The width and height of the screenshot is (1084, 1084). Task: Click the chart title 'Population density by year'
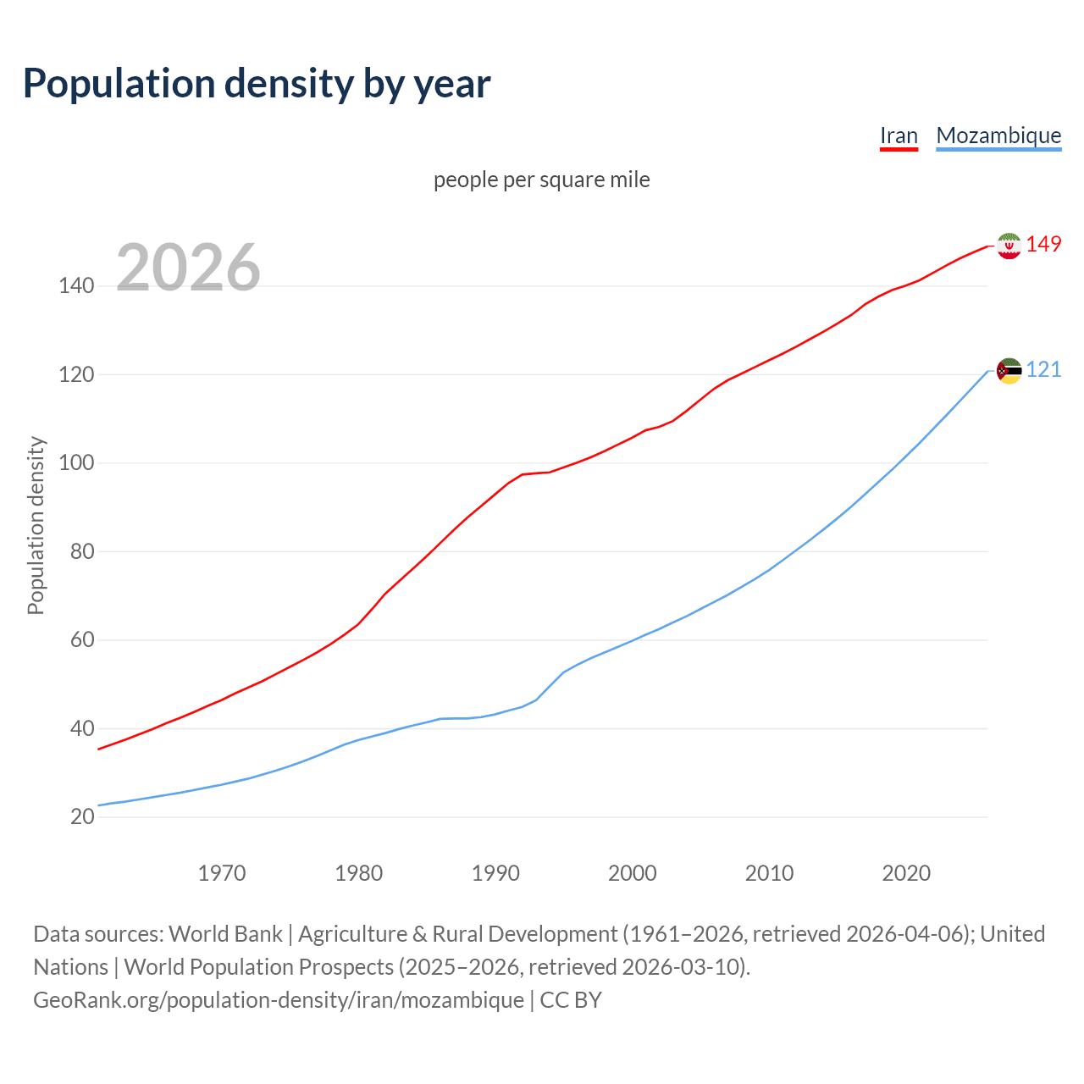coord(257,84)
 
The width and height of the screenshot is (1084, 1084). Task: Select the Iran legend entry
coord(899,135)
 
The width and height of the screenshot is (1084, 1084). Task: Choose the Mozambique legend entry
coord(998,135)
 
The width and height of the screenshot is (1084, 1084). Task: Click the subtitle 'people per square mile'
coord(541,180)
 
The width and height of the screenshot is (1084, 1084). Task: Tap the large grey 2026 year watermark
coord(188,268)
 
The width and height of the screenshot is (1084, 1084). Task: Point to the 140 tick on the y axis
coord(76,286)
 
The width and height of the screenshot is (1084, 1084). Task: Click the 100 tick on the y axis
coord(76,463)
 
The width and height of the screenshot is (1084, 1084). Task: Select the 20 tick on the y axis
coord(82,817)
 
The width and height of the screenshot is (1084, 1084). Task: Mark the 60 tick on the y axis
coord(82,640)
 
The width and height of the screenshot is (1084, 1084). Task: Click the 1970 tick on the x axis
coord(222,873)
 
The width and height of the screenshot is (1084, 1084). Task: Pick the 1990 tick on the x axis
coord(495,873)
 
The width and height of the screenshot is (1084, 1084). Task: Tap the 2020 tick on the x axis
coord(906,873)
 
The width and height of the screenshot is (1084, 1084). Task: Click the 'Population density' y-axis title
coord(36,525)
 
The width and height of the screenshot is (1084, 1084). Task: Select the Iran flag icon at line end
coord(1009,246)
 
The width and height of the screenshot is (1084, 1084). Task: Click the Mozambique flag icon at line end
coord(1009,371)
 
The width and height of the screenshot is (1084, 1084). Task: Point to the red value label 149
coord(1043,245)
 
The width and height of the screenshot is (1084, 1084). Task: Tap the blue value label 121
coord(1043,370)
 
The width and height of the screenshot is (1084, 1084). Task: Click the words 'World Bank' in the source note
coord(225,934)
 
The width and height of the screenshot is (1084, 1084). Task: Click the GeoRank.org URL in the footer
coord(279,1000)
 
